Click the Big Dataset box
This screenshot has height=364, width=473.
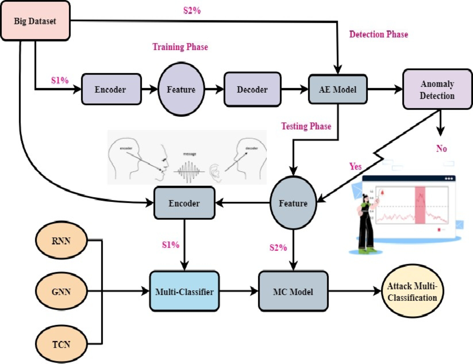pyautogui.click(x=36, y=20)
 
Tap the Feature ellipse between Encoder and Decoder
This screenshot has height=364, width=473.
pyautogui.click(x=181, y=90)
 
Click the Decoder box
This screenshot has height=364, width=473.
pyautogui.click(x=252, y=90)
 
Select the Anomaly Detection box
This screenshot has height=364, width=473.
pyautogui.click(x=437, y=89)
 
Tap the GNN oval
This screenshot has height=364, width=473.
pyautogui.click(x=61, y=293)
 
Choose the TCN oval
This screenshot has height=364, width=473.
pyautogui.click(x=61, y=344)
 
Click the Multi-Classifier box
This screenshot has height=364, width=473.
pyautogui.click(x=184, y=292)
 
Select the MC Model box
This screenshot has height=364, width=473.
pyautogui.click(x=292, y=292)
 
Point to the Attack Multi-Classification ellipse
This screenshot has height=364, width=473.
pyautogui.click(x=412, y=292)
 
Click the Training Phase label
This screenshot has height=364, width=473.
pyautogui.click(x=180, y=47)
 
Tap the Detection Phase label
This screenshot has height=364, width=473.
pyautogui.click(x=378, y=34)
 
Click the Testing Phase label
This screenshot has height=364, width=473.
pyautogui.click(x=306, y=126)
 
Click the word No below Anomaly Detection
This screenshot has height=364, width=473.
pyautogui.click(x=441, y=148)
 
